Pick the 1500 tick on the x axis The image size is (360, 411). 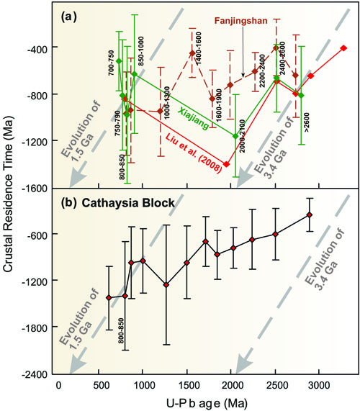click(x=186, y=384)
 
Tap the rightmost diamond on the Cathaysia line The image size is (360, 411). click(x=330, y=214)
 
